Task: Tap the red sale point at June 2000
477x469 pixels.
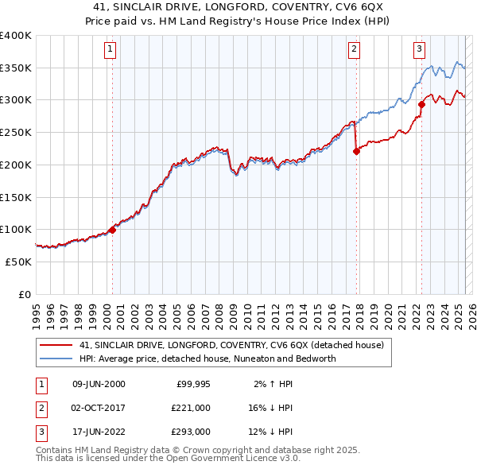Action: (112, 229)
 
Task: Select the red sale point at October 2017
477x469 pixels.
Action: (356, 151)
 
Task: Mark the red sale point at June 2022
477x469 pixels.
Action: (421, 104)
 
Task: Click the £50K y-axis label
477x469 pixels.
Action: (18, 262)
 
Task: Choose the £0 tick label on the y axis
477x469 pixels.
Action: (25, 294)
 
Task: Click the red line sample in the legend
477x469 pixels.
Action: (57, 345)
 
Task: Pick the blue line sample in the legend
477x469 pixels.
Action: (57, 359)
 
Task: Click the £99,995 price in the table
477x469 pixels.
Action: (192, 384)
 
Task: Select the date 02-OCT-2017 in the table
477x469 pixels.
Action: (99, 408)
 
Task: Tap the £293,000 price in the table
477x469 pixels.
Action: (192, 432)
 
